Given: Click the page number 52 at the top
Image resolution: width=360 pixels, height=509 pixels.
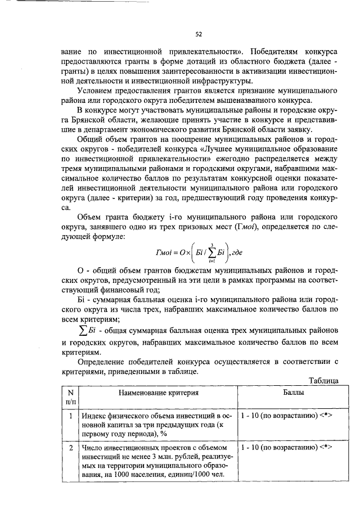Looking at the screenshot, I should (x=199, y=34).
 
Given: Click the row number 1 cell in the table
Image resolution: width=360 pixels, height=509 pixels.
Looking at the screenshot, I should (x=70, y=416).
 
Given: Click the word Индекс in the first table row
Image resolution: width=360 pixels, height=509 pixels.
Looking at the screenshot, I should (x=93, y=416).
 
